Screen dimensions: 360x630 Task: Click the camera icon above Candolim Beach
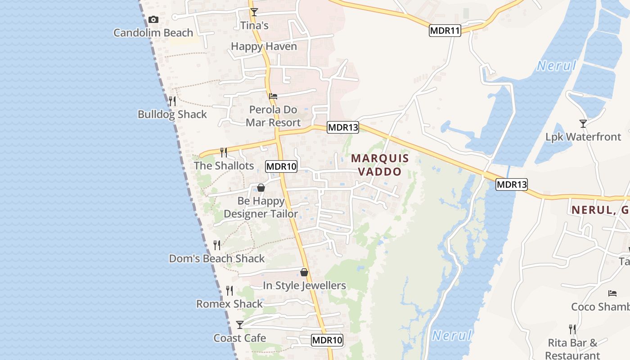pyautogui.click(x=153, y=20)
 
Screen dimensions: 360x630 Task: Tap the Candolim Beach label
pyautogui.click(x=153, y=33)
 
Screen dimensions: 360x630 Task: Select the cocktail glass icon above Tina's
pyautogui.click(x=254, y=12)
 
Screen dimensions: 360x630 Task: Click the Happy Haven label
pyautogui.click(x=264, y=46)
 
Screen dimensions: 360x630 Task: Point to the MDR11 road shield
pyautogui.click(x=445, y=31)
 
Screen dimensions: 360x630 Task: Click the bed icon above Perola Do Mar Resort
pyautogui.click(x=273, y=96)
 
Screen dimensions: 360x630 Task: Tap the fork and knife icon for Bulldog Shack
pyautogui.click(x=172, y=101)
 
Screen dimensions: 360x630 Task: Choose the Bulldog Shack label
pyautogui.click(x=172, y=114)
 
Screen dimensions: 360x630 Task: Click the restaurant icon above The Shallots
pyautogui.click(x=224, y=153)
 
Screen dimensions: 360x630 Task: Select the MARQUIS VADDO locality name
pyautogui.click(x=380, y=165)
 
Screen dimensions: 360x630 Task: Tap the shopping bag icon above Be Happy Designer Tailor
pyautogui.click(x=261, y=188)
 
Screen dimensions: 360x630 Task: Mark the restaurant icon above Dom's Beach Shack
pyautogui.click(x=217, y=245)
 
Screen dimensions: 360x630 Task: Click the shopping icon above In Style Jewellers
pyautogui.click(x=304, y=272)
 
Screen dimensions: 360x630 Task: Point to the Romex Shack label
pyautogui.click(x=229, y=304)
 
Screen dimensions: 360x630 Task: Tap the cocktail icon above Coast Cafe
pyautogui.click(x=240, y=324)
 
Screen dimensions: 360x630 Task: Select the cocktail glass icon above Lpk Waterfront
pyautogui.click(x=583, y=123)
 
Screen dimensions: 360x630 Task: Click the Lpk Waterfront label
pyautogui.click(x=583, y=137)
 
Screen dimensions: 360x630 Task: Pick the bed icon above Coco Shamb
pyautogui.click(x=612, y=293)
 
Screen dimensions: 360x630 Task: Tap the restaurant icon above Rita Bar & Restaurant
pyautogui.click(x=572, y=329)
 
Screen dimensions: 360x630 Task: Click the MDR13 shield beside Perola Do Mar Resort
pyautogui.click(x=343, y=127)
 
